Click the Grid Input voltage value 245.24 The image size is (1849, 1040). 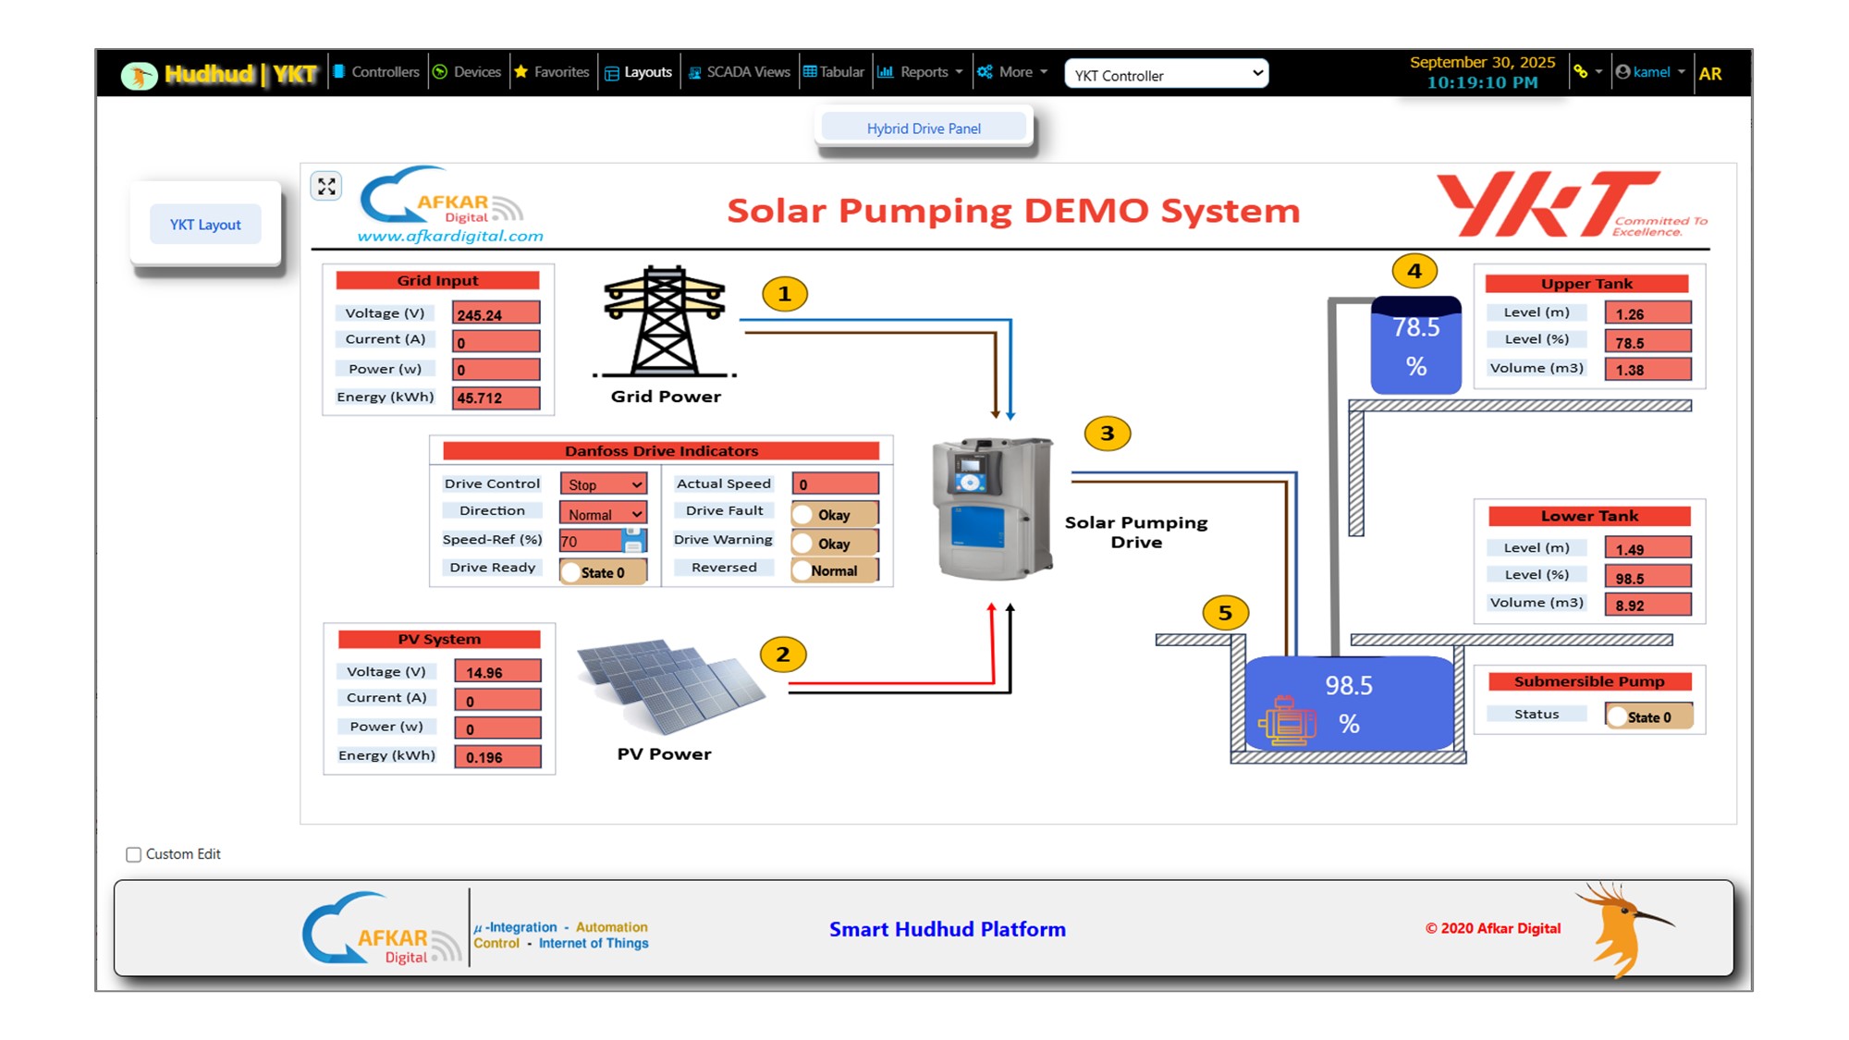[x=496, y=314]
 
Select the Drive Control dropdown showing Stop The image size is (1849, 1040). [x=604, y=484]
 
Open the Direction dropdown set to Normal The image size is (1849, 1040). [x=604, y=514]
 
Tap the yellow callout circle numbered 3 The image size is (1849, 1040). [x=1107, y=434]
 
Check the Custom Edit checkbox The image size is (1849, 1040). [x=134, y=854]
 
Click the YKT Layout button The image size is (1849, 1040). [x=205, y=225]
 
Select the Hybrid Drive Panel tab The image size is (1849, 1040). [x=924, y=128]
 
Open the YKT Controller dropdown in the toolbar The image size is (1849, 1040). [x=1166, y=75]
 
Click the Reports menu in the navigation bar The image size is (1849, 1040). [x=922, y=72]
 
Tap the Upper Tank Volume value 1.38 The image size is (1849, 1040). [x=1647, y=370]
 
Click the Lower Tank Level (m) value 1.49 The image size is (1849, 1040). [x=1647, y=549]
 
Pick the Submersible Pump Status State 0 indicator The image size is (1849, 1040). [x=1648, y=717]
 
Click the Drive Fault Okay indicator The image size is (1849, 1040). [x=834, y=515]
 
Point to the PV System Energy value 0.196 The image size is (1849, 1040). [x=497, y=757]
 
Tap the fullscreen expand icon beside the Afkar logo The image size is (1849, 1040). [x=326, y=187]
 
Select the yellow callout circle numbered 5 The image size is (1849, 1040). [x=1225, y=613]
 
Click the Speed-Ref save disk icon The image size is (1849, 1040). [x=634, y=539]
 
